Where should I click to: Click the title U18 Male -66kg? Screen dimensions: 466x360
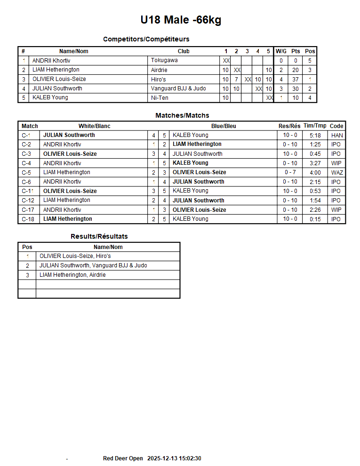click(x=181, y=20)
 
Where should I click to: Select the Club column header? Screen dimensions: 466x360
click(x=184, y=51)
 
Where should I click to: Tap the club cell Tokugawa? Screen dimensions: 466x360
click(x=164, y=60)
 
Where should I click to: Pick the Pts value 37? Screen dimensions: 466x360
click(x=296, y=79)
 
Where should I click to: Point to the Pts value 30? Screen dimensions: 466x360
click(x=296, y=88)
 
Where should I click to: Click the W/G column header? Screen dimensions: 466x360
click(x=281, y=51)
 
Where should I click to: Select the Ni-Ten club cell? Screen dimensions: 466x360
click(x=160, y=98)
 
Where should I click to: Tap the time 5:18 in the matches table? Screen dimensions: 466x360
click(x=315, y=135)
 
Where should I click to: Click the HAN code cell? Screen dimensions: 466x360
click(x=336, y=135)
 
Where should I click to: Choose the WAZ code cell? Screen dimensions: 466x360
click(x=336, y=172)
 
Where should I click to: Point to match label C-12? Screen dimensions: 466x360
click(x=28, y=201)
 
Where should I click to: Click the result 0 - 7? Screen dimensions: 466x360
click(x=290, y=172)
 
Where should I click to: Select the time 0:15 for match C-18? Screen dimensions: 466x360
click(x=315, y=219)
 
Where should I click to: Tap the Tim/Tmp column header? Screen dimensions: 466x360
click(x=315, y=126)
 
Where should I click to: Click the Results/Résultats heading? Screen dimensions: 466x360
click(x=99, y=236)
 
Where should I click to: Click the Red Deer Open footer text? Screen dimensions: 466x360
click(x=123, y=458)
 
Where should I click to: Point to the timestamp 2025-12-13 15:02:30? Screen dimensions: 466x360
click(x=174, y=458)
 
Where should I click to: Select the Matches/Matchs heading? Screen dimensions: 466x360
click(x=182, y=115)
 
